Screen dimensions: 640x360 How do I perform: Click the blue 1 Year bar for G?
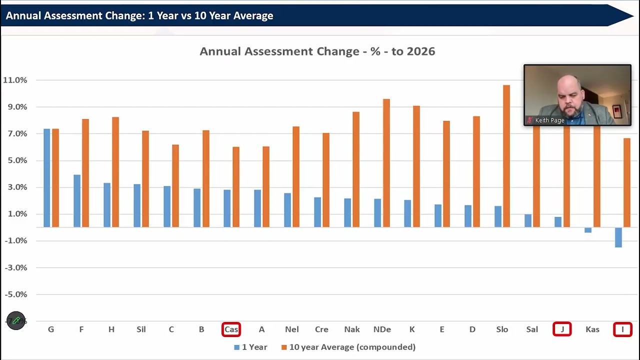tap(46, 178)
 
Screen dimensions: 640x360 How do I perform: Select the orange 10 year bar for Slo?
tap(506, 156)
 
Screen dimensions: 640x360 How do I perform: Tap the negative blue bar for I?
tap(618, 237)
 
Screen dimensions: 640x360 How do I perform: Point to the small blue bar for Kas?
tap(588, 230)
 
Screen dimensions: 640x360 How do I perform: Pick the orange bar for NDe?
tap(386, 163)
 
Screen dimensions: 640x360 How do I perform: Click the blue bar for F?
tap(77, 201)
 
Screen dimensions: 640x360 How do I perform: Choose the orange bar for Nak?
tap(356, 169)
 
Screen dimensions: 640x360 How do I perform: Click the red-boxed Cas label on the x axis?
tap(231, 329)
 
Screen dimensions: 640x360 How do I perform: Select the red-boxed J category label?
tap(562, 329)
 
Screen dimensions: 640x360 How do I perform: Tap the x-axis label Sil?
tap(141, 329)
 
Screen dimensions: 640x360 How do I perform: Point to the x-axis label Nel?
tap(291, 329)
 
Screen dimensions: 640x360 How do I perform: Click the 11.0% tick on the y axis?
tap(15, 80)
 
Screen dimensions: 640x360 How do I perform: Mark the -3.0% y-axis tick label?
tap(16, 267)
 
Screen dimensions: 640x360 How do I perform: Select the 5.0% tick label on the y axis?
tap(17, 160)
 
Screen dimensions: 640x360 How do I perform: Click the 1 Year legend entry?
tap(250, 347)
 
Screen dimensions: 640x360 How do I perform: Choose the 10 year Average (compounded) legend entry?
tap(348, 347)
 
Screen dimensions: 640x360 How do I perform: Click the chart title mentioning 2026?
tap(317, 51)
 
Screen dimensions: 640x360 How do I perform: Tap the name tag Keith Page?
tap(549, 120)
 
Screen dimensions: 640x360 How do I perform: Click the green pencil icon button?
tap(16, 320)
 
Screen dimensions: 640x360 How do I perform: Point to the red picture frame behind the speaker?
tap(616, 111)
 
